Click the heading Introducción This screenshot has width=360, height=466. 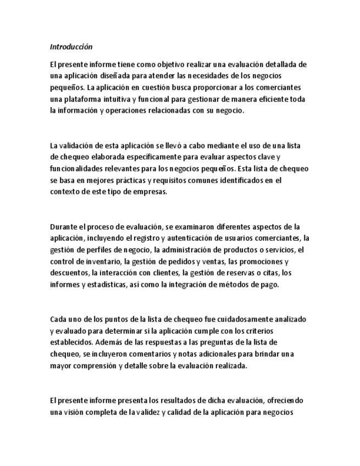pyautogui.click(x=71, y=47)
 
